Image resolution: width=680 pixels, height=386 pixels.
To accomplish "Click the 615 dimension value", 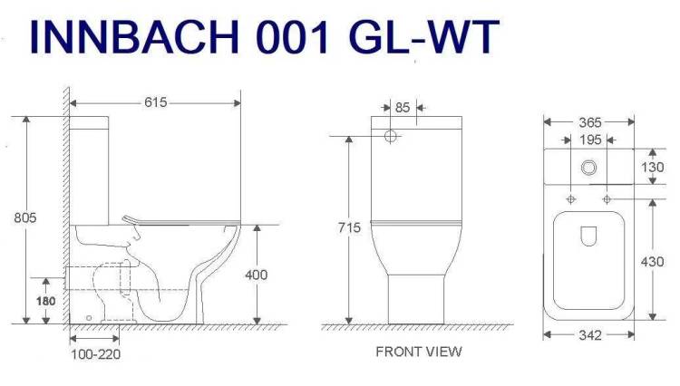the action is point(155,102).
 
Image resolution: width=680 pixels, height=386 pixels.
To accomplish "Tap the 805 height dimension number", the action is point(25,217).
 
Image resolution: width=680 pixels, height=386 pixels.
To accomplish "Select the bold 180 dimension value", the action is point(45,301).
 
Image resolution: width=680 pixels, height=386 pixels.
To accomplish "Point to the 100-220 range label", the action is point(95,354).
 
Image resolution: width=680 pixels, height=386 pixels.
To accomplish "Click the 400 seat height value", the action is point(257,275).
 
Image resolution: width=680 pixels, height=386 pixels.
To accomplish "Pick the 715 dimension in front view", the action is point(350,227).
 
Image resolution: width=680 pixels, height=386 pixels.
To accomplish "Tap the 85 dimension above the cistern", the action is point(403,108).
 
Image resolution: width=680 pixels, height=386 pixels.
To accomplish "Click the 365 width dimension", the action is point(590,122).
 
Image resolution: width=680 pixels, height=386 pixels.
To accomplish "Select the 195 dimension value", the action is point(590,140).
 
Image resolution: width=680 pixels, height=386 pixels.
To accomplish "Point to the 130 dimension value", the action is point(652,168).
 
